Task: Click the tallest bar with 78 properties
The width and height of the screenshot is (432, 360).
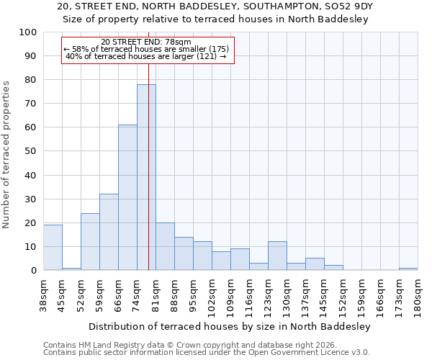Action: tap(146, 177)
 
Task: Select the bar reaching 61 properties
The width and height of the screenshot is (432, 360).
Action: tap(127, 197)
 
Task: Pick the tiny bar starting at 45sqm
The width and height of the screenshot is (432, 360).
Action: tap(71, 269)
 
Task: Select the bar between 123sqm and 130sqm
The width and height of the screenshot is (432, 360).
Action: tap(277, 256)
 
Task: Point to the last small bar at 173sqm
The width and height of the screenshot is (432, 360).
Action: tap(408, 269)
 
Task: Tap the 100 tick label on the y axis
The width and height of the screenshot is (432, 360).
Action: tap(28, 32)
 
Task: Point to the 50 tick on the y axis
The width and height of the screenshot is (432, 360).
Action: tap(31, 151)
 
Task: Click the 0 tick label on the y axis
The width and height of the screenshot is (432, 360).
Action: tap(34, 271)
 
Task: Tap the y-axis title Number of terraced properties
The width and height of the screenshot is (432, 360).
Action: tap(7, 154)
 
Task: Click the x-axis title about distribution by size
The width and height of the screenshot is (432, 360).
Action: tap(230, 326)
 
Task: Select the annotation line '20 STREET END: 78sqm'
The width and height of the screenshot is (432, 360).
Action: tap(146, 42)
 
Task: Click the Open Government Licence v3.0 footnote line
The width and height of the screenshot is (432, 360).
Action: tap(207, 353)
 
